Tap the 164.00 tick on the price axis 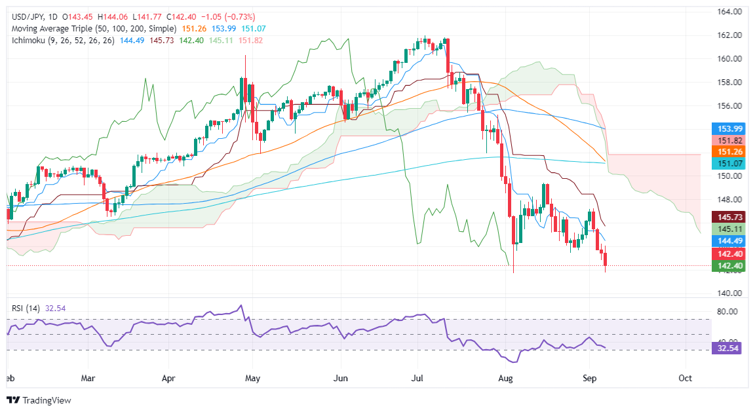tap(728, 12)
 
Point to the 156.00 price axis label tap(728, 105)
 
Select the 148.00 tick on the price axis tap(728, 199)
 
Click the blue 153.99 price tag tap(729, 128)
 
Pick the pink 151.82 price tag tap(729, 140)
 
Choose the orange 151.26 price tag tap(729, 151)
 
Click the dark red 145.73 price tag tap(729, 217)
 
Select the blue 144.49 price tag tap(729, 240)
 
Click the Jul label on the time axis tap(419, 378)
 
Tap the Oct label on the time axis tap(686, 378)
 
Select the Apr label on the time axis tap(169, 378)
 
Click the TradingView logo tap(39, 400)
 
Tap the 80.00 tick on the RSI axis tap(728, 312)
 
